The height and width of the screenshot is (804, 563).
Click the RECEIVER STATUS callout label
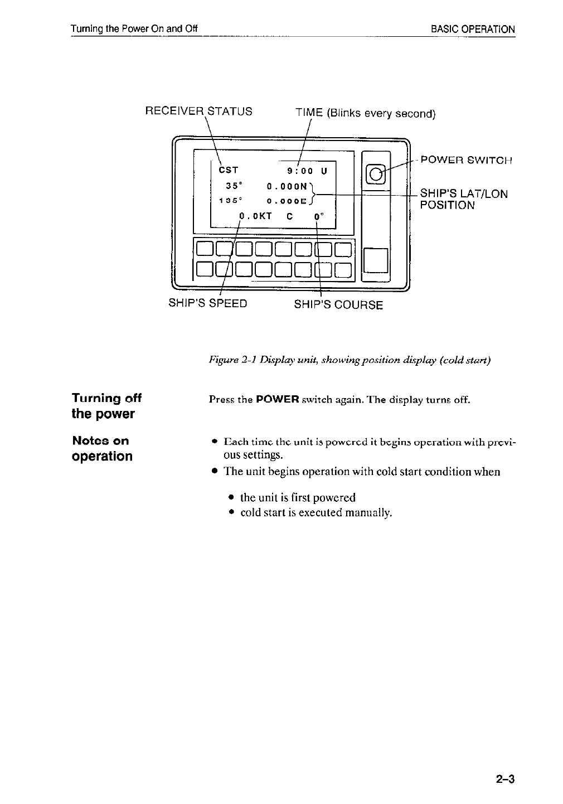click(x=198, y=111)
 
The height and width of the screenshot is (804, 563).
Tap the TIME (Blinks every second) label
click(x=365, y=113)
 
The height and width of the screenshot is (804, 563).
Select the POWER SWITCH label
click(x=466, y=161)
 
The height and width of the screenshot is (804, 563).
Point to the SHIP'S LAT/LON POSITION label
click(x=464, y=199)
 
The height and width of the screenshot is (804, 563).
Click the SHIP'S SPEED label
click(x=208, y=304)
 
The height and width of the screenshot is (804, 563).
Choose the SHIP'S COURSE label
click(x=338, y=305)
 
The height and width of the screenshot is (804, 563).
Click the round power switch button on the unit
click(x=376, y=173)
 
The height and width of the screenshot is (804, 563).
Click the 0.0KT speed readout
click(x=255, y=216)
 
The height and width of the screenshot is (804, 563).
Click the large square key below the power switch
click(x=376, y=260)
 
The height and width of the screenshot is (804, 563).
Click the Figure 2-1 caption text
click(x=350, y=361)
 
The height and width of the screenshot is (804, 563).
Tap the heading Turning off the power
click(x=106, y=406)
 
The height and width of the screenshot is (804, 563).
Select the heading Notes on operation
click(x=103, y=448)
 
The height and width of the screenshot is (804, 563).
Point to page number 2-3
click(x=503, y=778)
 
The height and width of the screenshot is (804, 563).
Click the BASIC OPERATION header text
click(x=473, y=29)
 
